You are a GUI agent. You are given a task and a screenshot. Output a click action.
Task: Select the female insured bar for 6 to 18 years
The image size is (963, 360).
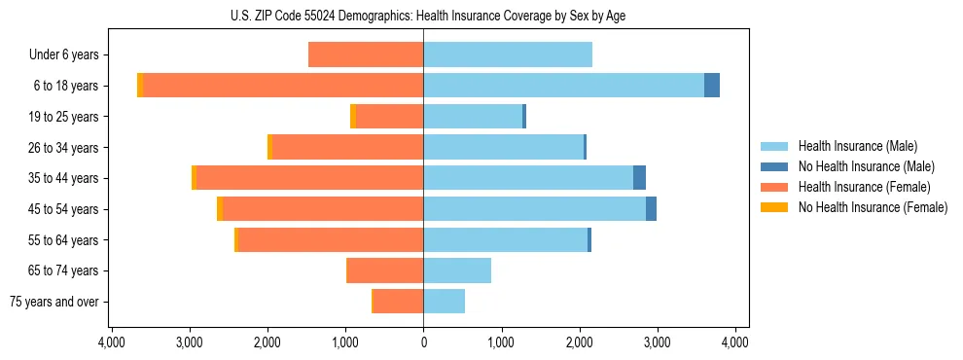(283, 86)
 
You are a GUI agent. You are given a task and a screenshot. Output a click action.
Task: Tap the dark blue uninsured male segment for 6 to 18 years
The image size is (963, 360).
(712, 86)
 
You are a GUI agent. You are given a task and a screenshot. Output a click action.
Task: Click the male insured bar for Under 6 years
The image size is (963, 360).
(508, 54)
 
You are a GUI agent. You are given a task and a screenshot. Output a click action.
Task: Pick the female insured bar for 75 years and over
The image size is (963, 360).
(398, 302)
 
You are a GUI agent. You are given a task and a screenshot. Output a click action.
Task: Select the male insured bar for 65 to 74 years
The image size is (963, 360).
(457, 270)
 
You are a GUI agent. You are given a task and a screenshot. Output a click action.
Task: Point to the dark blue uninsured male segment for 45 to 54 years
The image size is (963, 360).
(651, 209)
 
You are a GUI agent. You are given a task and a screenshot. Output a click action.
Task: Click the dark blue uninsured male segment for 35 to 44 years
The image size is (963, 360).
(639, 178)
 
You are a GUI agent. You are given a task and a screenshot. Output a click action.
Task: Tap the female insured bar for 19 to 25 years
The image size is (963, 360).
(390, 117)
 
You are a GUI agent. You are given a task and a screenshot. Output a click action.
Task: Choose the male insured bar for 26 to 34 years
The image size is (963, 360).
(503, 147)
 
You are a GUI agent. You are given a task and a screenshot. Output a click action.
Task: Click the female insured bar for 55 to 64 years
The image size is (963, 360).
(331, 239)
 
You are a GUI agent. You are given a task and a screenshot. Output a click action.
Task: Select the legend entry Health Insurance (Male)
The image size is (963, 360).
(857, 146)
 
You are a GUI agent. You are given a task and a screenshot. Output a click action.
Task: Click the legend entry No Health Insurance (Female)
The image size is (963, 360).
(873, 207)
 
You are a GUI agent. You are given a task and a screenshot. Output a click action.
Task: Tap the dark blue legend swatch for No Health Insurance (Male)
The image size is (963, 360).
(774, 166)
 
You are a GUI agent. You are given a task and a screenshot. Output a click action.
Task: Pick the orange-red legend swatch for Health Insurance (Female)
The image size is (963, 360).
(774, 187)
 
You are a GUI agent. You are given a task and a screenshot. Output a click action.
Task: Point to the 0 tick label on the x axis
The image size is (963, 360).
(423, 342)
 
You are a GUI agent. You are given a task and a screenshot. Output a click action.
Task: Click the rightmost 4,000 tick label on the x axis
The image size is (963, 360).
(735, 342)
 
